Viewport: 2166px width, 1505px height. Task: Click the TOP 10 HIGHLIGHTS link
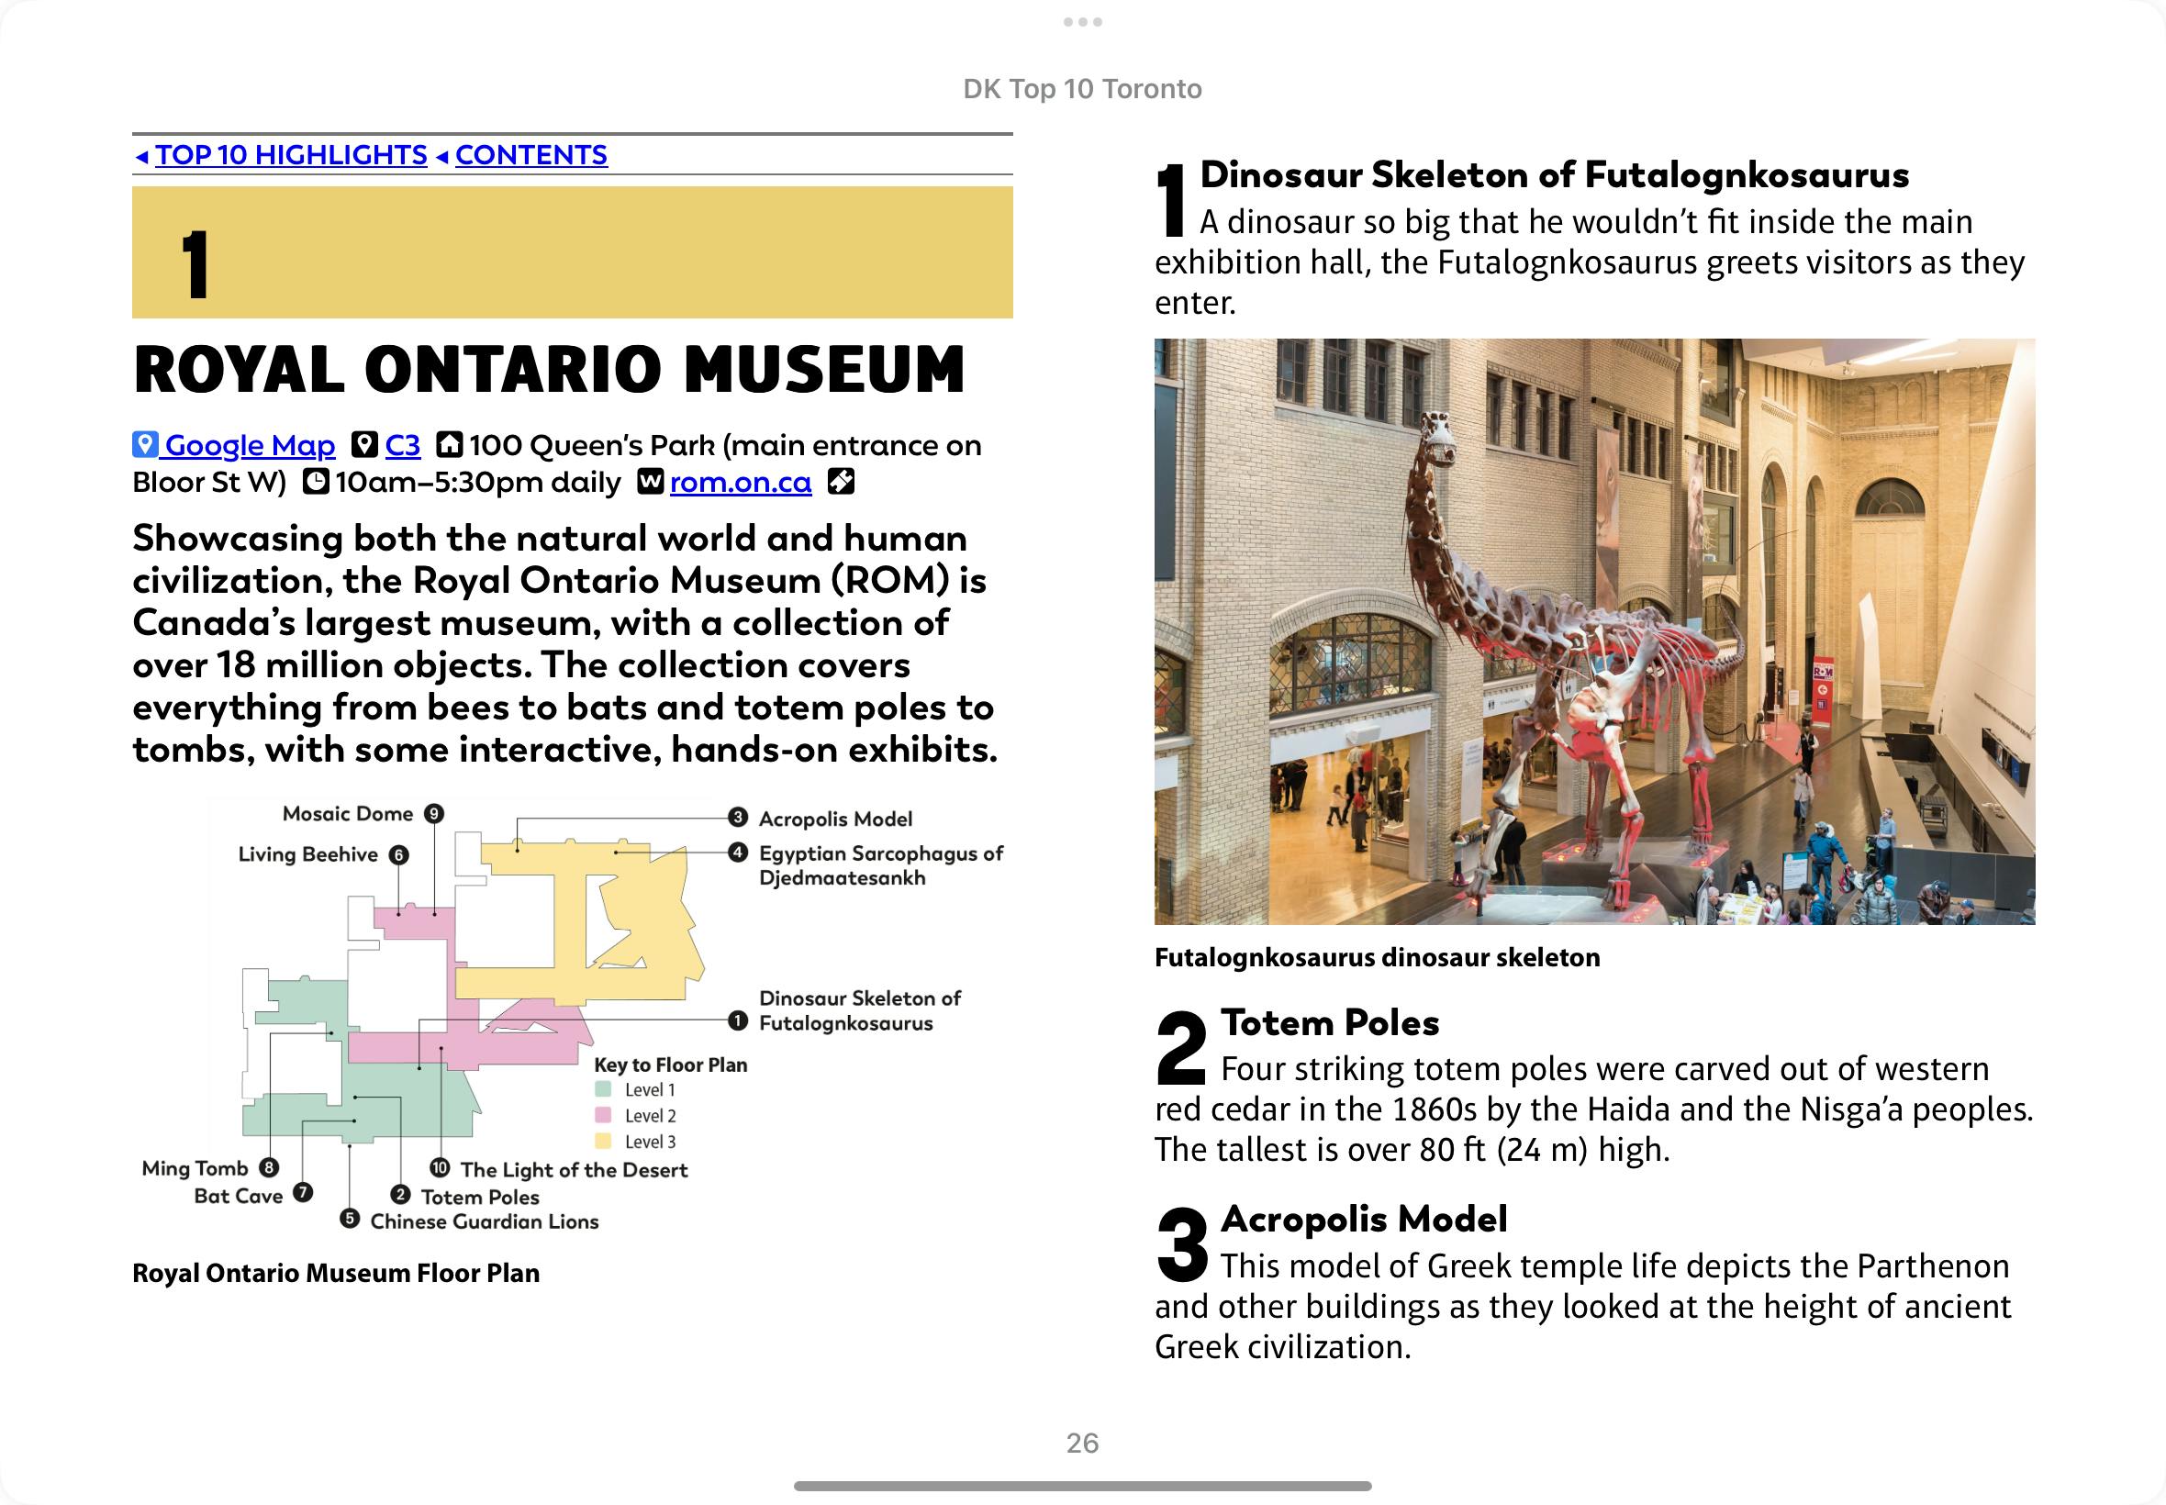(290, 155)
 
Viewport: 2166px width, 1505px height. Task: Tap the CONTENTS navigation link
(530, 155)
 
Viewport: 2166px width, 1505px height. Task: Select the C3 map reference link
(403, 445)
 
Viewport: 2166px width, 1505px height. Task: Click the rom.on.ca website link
(741, 482)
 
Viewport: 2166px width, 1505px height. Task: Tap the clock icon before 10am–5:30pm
(315, 482)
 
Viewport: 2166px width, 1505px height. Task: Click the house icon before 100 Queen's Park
(449, 444)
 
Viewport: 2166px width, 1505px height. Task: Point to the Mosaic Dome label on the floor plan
(348, 814)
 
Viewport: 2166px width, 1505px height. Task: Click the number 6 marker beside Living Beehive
(400, 855)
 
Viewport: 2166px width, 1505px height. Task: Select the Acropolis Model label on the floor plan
(835, 819)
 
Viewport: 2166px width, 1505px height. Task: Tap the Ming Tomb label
(195, 1168)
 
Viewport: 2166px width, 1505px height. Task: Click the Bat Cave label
(238, 1196)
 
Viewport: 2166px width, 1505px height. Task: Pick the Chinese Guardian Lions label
(484, 1221)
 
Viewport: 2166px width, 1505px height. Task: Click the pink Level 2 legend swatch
(604, 1116)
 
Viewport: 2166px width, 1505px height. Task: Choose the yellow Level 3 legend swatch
(604, 1141)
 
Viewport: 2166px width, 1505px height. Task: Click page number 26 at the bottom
(1082, 1443)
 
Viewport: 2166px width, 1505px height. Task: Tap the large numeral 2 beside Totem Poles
(1181, 1047)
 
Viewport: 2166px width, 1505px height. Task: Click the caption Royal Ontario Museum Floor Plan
(336, 1273)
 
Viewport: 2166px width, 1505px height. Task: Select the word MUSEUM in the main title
(824, 369)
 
